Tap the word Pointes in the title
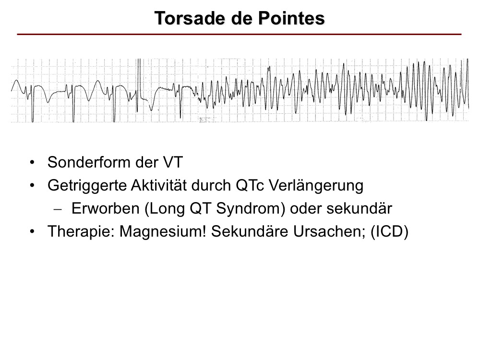click(x=291, y=18)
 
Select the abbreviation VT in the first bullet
click(x=173, y=162)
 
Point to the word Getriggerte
click(x=87, y=185)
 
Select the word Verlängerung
click(x=316, y=185)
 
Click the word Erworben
click(x=105, y=208)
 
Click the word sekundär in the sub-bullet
click(x=359, y=208)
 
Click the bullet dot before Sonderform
click(x=32, y=162)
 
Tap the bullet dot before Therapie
click(x=32, y=232)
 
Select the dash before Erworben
click(x=58, y=209)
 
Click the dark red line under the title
click(x=239, y=34)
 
